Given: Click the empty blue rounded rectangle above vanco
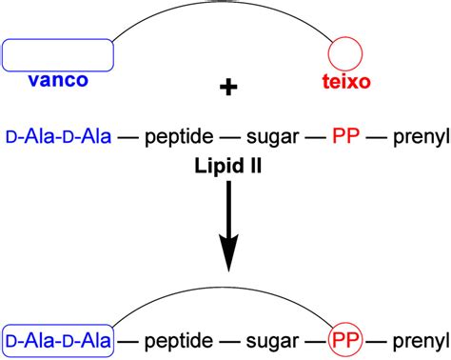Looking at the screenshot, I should tap(58, 54).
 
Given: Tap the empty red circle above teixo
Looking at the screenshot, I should tap(345, 54).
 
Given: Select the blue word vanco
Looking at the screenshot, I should tap(58, 81).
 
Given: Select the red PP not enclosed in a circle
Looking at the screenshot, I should tap(345, 138).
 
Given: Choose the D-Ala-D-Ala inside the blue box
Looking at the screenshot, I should tap(58, 339).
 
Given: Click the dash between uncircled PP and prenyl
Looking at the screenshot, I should tap(378, 138).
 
